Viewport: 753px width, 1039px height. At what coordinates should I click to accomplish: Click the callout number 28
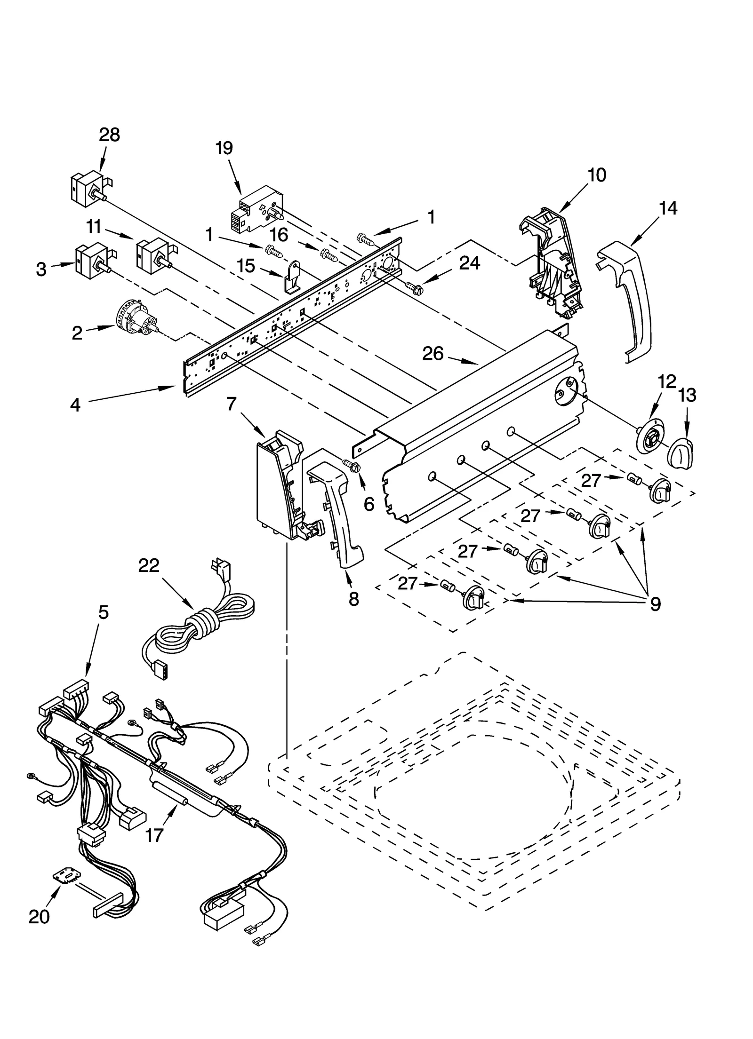(x=109, y=135)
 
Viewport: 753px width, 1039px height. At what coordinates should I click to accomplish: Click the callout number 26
(x=433, y=353)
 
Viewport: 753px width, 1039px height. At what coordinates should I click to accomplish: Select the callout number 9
(x=655, y=603)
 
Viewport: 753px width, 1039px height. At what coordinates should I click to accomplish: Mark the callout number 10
(x=597, y=175)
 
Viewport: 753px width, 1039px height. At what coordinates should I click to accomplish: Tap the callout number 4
(x=75, y=405)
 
